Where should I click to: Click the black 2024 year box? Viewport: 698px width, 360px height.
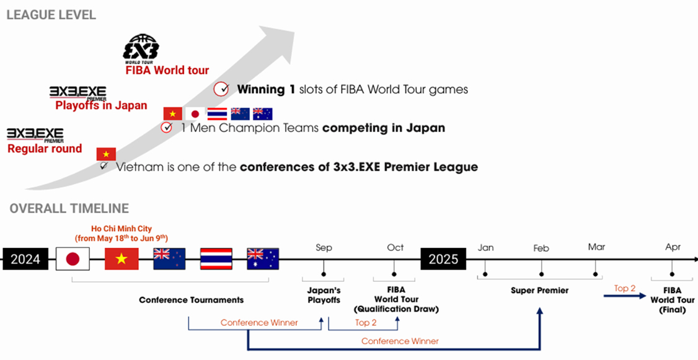25,259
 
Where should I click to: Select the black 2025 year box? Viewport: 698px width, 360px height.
443,259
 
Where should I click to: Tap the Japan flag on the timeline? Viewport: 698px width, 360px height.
73,259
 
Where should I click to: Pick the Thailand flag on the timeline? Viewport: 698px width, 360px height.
216,259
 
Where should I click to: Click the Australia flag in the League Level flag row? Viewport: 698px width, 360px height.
263,114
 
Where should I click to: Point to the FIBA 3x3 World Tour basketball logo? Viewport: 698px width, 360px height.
141,47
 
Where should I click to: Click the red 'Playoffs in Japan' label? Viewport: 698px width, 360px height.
101,106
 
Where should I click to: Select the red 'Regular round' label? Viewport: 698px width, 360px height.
45,149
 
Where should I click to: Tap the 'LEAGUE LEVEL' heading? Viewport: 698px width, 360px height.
51,15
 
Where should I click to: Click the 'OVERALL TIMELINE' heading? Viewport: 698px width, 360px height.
69,208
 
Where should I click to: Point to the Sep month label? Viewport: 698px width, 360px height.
324,247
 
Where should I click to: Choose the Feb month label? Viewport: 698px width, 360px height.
541,248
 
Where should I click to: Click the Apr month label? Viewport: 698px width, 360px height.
673,247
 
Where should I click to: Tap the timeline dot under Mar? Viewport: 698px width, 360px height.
595,274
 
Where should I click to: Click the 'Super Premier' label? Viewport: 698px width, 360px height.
539,291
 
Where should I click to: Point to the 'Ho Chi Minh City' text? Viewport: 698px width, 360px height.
121,229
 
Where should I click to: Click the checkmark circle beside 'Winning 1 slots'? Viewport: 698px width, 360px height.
221,89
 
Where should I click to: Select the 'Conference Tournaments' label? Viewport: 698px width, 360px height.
192,300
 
